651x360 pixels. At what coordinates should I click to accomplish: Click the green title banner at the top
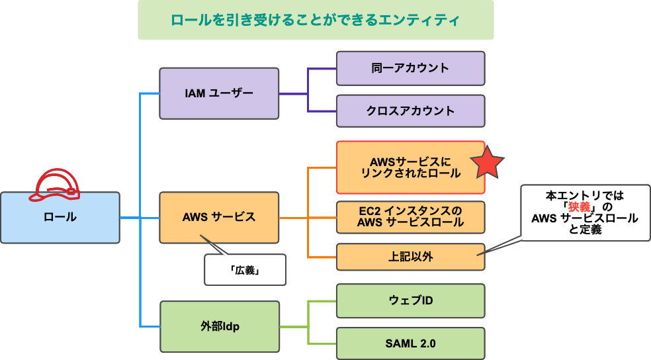click(x=316, y=20)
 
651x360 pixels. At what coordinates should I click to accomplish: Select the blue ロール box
click(x=60, y=217)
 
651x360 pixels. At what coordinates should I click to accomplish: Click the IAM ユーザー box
click(x=219, y=93)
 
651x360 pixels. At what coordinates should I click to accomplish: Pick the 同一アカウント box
click(x=410, y=68)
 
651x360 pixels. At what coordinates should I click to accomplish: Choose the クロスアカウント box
click(x=410, y=111)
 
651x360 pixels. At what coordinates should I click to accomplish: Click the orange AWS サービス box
click(x=219, y=217)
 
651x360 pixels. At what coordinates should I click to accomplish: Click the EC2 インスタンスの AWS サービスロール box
click(x=410, y=217)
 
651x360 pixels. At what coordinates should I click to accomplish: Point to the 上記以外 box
click(x=410, y=257)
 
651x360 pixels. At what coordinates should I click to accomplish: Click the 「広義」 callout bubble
click(x=245, y=270)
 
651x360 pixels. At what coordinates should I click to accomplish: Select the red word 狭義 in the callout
click(x=573, y=207)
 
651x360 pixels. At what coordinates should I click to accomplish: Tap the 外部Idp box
click(x=219, y=326)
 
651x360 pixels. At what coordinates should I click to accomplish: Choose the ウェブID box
click(x=410, y=301)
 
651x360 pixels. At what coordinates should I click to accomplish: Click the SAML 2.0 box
click(x=410, y=343)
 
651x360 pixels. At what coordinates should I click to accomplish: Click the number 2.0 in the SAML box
click(x=427, y=343)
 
